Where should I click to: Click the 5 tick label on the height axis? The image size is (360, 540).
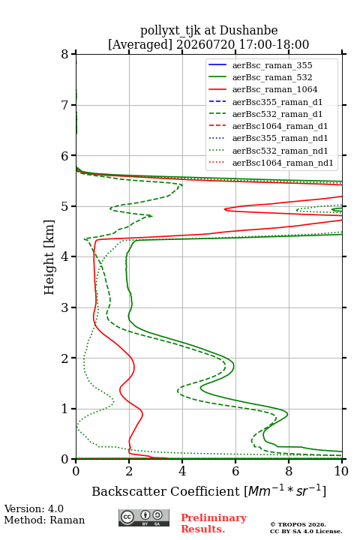point(64,206)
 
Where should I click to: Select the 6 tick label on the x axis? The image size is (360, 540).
point(235,471)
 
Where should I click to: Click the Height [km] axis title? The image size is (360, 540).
point(49,257)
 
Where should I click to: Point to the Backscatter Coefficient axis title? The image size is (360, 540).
point(208,490)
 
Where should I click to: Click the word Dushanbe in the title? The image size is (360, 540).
point(248,30)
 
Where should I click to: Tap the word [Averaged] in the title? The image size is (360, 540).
point(140,44)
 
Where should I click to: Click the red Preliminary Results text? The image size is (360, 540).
point(214,523)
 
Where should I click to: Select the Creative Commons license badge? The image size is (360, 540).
point(144,517)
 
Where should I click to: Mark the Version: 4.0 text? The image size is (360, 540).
point(34,508)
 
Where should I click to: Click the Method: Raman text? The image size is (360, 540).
point(44,520)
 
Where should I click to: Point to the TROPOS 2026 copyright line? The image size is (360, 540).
point(298,524)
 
